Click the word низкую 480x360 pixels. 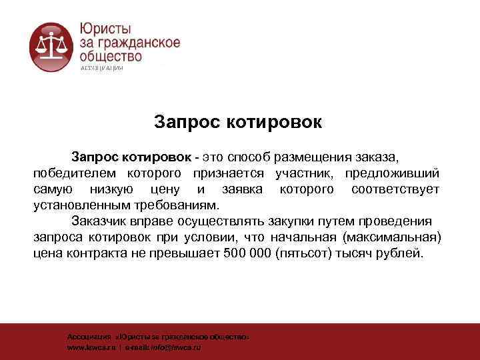109,190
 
